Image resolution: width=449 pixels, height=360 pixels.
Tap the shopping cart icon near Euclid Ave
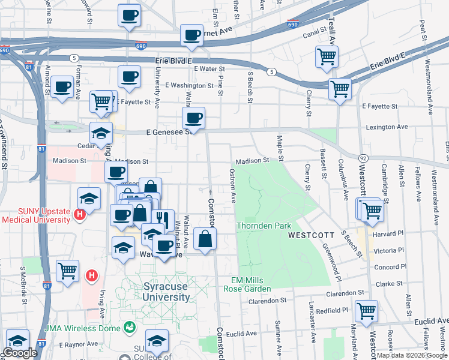(x=366, y=311)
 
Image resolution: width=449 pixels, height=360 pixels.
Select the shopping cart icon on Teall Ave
(x=327, y=57)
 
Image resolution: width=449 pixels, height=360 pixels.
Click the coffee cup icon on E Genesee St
(x=193, y=118)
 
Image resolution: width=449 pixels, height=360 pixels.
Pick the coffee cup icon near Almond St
(x=62, y=88)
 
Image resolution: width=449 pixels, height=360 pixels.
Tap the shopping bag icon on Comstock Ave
(x=205, y=238)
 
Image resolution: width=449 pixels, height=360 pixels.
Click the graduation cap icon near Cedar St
(x=101, y=132)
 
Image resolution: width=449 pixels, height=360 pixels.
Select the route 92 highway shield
(x=363, y=157)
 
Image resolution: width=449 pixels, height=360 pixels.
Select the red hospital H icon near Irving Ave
(x=91, y=275)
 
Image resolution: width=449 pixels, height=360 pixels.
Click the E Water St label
(x=209, y=70)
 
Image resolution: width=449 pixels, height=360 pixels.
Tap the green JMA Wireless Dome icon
(x=129, y=328)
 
